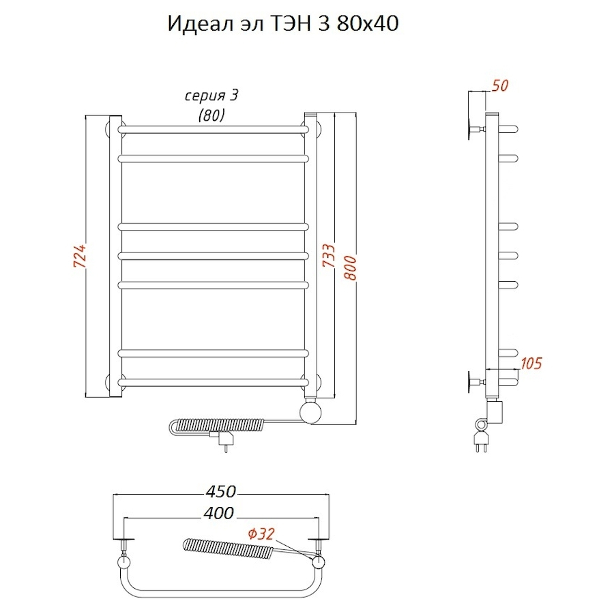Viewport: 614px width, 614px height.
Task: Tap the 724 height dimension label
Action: click(79, 255)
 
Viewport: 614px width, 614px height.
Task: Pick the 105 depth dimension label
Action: click(530, 363)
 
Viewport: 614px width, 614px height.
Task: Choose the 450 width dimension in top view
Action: click(221, 491)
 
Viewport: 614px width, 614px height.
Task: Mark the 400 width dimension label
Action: click(218, 512)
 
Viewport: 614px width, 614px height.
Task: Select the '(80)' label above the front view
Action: click(211, 115)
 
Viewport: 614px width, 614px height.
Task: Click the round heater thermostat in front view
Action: click(312, 411)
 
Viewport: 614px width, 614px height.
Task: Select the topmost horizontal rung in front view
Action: click(211, 128)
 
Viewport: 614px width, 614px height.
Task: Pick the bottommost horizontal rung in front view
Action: click(211, 380)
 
